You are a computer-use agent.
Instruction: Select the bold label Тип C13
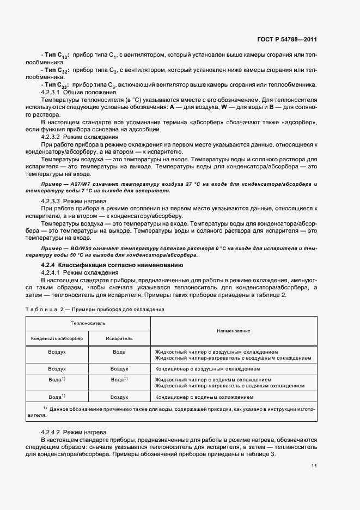[53, 56]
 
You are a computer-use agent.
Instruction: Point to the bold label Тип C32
[53, 70]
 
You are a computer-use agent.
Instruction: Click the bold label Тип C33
[53, 85]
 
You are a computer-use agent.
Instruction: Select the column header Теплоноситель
[88, 323]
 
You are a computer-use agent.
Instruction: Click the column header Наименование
[233, 331]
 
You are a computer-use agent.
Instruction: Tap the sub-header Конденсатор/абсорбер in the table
[57, 338]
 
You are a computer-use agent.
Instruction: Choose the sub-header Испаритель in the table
[119, 338]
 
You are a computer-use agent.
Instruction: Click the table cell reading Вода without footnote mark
[119, 352]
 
